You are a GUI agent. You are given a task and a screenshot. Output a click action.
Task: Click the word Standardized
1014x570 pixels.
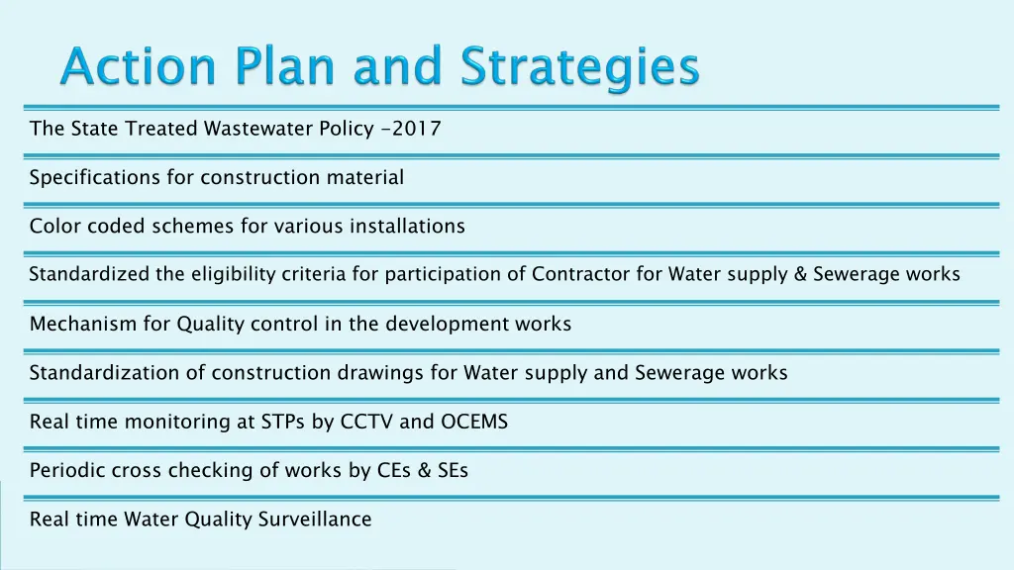tap(89, 275)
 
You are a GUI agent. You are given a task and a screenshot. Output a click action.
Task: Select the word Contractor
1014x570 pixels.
tap(581, 275)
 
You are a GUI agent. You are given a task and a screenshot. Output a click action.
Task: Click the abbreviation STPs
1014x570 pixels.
tap(284, 423)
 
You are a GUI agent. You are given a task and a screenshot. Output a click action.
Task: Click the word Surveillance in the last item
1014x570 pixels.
tap(316, 520)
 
